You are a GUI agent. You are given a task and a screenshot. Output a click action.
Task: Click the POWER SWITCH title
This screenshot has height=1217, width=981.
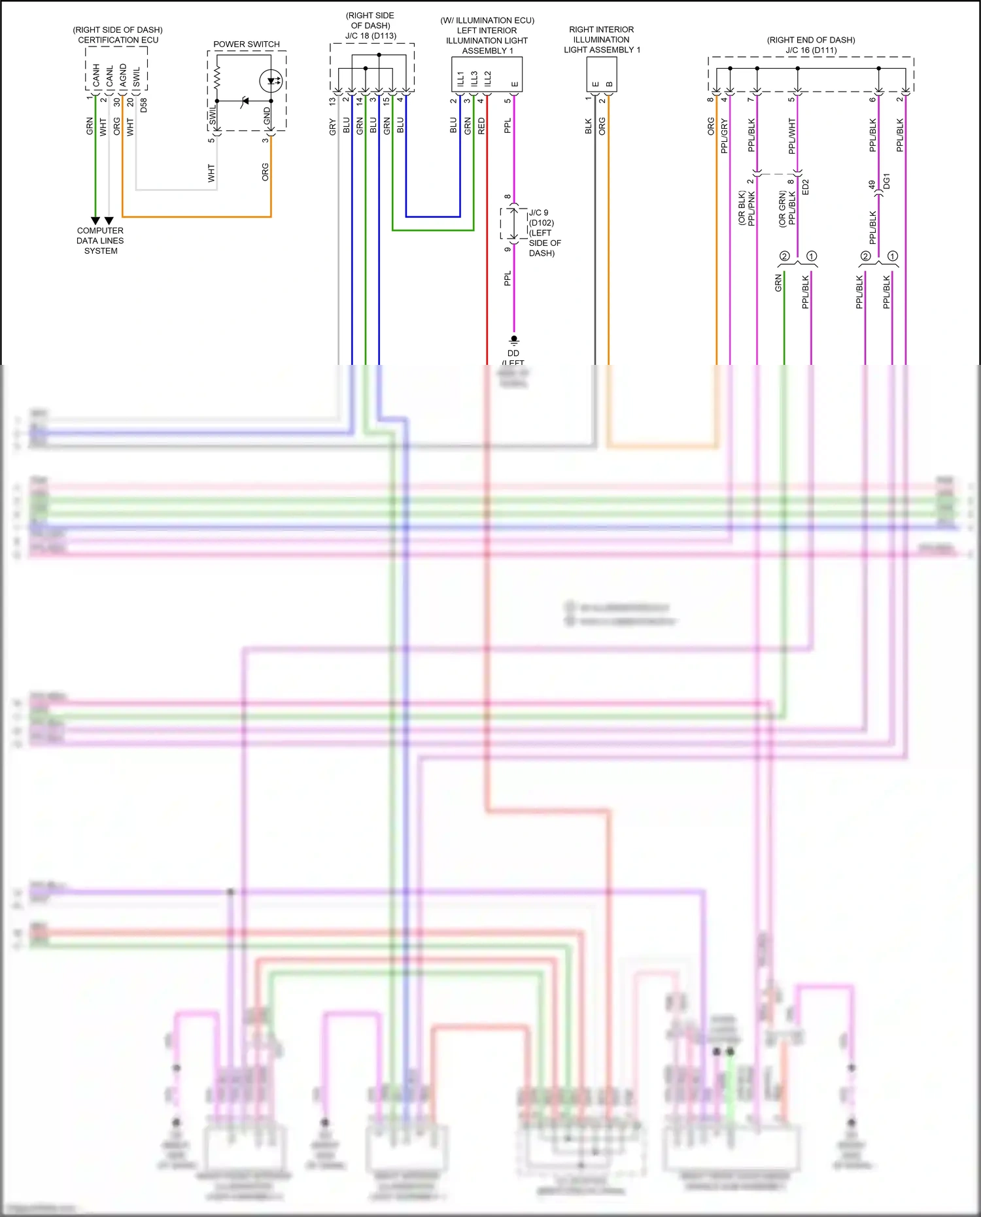pyautogui.click(x=247, y=44)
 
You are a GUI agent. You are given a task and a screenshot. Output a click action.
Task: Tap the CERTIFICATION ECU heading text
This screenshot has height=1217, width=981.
pyautogui.click(x=118, y=40)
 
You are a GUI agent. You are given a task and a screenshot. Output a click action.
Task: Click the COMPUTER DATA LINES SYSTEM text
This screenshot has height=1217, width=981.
pyautogui.click(x=100, y=241)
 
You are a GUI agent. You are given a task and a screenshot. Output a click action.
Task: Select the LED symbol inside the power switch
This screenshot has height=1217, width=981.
pyautogui.click(x=271, y=82)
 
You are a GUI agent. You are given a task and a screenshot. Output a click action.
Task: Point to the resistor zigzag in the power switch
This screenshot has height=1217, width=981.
pyautogui.click(x=217, y=78)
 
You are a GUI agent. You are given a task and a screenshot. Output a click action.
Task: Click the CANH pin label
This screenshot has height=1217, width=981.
pyautogui.click(x=96, y=75)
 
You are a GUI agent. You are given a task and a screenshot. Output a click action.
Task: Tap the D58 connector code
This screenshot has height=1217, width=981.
pyautogui.click(x=144, y=105)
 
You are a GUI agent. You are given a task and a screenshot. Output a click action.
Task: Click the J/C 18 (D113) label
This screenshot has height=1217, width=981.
pyautogui.click(x=371, y=36)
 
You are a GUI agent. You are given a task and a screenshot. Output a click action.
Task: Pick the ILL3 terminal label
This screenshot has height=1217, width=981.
pyautogui.click(x=474, y=78)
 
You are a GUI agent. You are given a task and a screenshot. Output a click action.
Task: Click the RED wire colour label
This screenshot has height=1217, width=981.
pyautogui.click(x=482, y=126)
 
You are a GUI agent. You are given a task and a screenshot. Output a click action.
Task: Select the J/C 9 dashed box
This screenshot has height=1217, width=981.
pyautogui.click(x=514, y=224)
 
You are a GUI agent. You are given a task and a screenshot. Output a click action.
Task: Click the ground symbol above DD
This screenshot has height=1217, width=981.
pyautogui.click(x=514, y=341)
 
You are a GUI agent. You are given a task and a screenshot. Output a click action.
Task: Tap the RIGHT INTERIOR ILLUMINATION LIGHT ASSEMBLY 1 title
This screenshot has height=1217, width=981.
pyautogui.click(x=602, y=40)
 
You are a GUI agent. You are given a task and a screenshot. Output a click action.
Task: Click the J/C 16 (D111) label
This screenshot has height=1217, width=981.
pyautogui.click(x=811, y=50)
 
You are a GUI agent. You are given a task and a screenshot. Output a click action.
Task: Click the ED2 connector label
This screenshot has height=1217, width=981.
pyautogui.click(x=806, y=187)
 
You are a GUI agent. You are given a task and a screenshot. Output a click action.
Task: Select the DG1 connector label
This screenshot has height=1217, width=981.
pyautogui.click(x=887, y=181)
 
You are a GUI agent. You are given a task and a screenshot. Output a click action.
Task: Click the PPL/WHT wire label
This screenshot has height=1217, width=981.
pyautogui.click(x=792, y=136)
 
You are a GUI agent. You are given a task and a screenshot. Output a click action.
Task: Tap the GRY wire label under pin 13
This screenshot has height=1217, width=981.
pyautogui.click(x=332, y=127)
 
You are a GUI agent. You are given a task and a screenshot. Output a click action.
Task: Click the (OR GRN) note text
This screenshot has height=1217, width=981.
pyautogui.click(x=782, y=209)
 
